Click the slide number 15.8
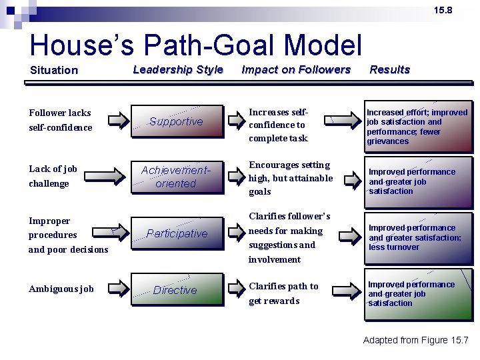tap(443, 10)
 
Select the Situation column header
tap(54, 70)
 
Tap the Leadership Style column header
tap(178, 69)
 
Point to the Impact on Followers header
tap(296, 69)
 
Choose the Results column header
tap(390, 69)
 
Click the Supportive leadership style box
tap(177, 121)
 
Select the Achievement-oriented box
tap(177, 177)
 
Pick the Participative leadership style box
tap(177, 233)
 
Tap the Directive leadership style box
tap(177, 290)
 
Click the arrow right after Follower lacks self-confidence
tap(117, 121)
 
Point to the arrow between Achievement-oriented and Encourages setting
tap(236, 177)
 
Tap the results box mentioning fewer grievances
tap(417, 127)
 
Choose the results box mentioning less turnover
tap(417, 237)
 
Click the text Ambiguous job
tap(61, 289)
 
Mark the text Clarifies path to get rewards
tap(283, 293)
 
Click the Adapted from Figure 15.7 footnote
tap(415, 340)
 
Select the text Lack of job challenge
tap(53, 176)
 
